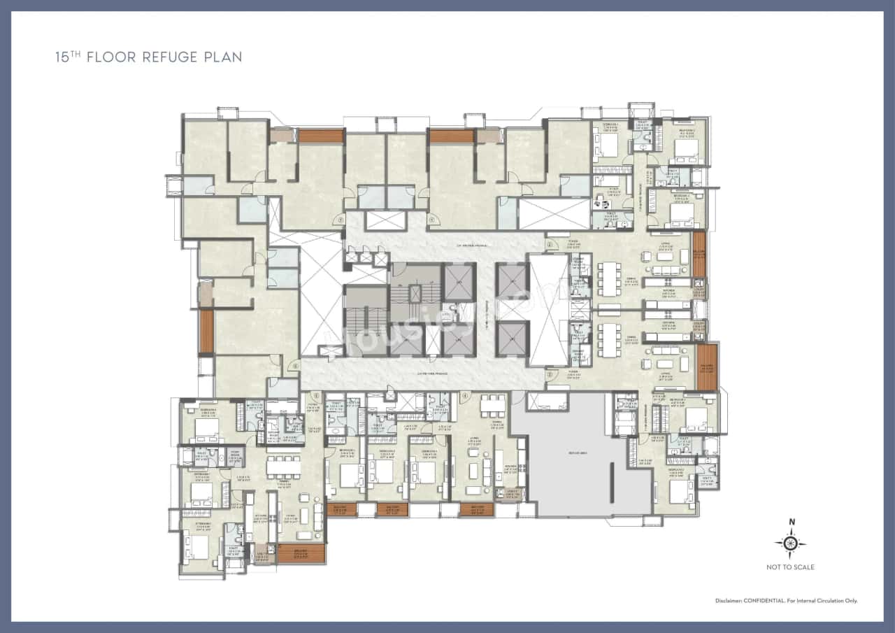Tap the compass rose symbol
(791, 543)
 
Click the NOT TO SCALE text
(791, 567)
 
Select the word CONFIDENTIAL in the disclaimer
(767, 601)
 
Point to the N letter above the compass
(792, 522)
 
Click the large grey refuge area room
(570, 455)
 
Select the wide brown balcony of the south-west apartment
(301, 554)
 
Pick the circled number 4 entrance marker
(464, 396)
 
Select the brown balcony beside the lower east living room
(707, 368)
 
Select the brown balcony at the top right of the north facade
(451, 136)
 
